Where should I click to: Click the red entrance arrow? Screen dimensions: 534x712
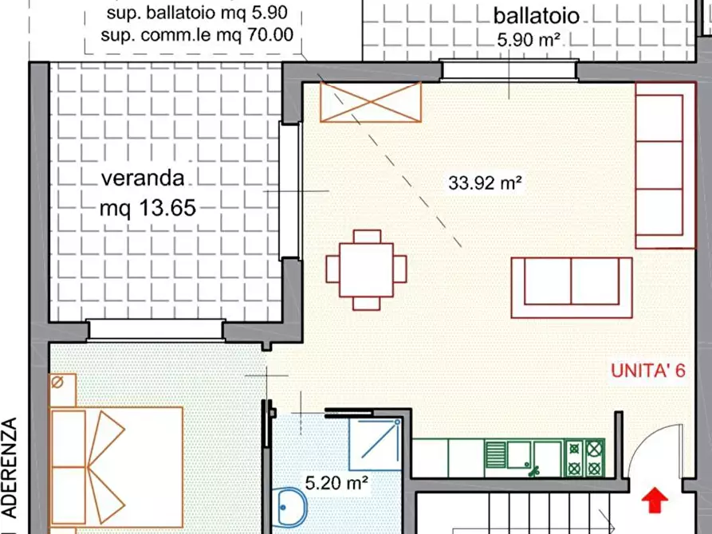[x=655, y=500]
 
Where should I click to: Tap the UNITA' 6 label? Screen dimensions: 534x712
[x=647, y=370]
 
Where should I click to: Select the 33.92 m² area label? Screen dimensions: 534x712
[x=485, y=183]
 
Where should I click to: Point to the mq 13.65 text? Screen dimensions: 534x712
[x=148, y=208]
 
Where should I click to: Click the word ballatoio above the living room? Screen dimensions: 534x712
[x=536, y=16]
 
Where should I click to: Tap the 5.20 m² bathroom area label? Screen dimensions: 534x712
[x=336, y=481]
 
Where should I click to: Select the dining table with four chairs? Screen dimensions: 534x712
[x=366, y=269]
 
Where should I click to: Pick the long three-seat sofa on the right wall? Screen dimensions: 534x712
[x=659, y=165]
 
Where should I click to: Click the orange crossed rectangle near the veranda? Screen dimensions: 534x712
[x=370, y=102]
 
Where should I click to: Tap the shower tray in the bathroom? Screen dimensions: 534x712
[x=374, y=441]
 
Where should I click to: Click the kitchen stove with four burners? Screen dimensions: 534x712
[x=584, y=457]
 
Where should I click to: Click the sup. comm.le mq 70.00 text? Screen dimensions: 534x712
[x=198, y=34]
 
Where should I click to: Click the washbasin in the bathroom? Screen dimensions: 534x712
[x=292, y=505]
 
